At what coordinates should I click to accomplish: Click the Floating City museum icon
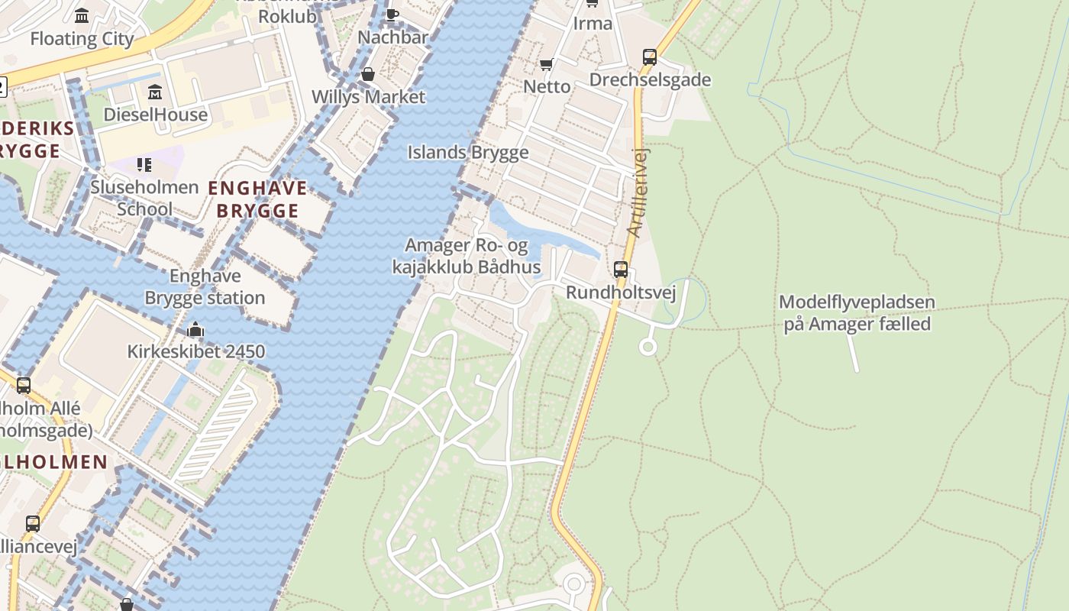(82, 15)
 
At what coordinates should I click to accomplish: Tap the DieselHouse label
(156, 115)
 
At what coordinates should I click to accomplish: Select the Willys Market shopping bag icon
(368, 74)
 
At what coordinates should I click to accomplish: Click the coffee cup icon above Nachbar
(392, 14)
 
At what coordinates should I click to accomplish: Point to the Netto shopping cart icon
(546, 64)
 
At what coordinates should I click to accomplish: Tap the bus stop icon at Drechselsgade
(649, 57)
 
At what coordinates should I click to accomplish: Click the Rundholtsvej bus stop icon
(621, 270)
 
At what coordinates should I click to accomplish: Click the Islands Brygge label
(467, 152)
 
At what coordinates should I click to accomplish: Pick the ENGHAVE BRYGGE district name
(257, 199)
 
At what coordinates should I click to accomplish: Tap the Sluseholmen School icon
(144, 164)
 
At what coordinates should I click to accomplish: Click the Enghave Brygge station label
(205, 287)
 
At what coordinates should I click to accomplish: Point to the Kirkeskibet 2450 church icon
(195, 330)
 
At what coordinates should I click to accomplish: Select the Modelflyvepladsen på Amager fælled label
(857, 313)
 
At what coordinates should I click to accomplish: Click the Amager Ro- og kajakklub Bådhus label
(466, 257)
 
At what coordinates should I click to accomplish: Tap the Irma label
(593, 24)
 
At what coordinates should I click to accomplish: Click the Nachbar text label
(392, 37)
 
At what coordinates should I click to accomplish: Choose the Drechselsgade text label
(650, 80)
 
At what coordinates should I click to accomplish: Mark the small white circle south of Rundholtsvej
(648, 348)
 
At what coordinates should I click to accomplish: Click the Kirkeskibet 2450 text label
(195, 351)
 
